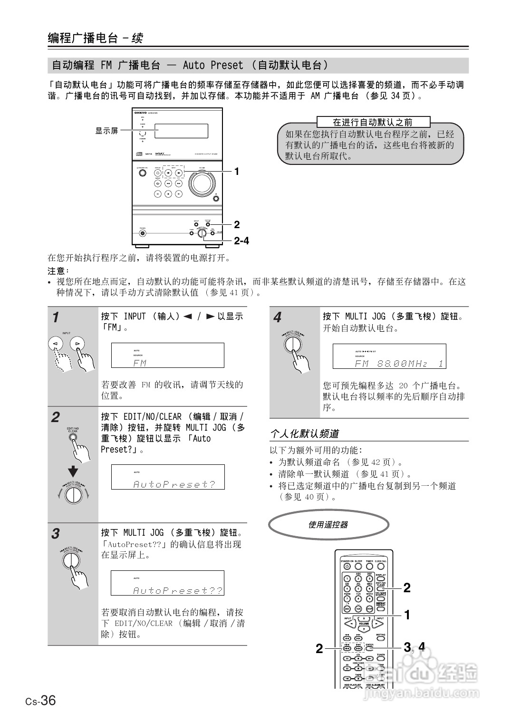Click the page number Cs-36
coord(41,701)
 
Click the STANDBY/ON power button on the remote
coord(347,567)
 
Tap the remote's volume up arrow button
coord(364,618)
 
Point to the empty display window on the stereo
coord(181,131)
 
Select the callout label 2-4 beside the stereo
coord(241,241)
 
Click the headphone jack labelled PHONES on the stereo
coord(142,233)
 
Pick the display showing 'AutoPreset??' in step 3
coord(167,583)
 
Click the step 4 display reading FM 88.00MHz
coord(389,356)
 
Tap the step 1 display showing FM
coord(167,356)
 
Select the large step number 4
coord(278,318)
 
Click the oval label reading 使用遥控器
coord(328,525)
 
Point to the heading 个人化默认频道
coord(304,433)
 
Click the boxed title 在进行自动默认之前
coord(373,122)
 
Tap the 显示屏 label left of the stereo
coord(106,131)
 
